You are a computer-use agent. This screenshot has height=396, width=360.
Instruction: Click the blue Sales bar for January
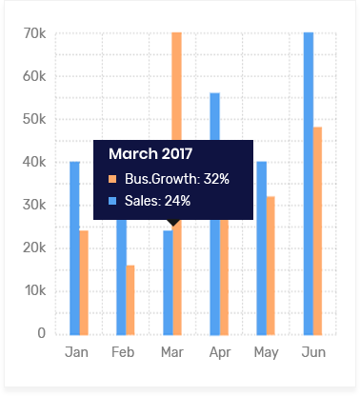[x=74, y=247]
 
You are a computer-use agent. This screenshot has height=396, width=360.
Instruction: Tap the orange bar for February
[x=130, y=299]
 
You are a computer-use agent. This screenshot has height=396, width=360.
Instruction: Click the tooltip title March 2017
[x=150, y=153]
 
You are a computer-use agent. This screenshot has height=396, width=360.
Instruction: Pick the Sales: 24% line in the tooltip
[x=157, y=201]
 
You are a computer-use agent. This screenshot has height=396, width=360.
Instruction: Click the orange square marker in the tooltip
[x=112, y=179]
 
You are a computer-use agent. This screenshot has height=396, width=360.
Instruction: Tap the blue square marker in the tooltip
[x=112, y=202]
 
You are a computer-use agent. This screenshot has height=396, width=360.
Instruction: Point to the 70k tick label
[x=34, y=33]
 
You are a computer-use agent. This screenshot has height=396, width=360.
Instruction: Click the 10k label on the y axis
[x=34, y=290]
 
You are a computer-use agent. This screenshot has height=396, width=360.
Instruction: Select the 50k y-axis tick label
[x=34, y=119]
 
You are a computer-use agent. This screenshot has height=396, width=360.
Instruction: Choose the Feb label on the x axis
[x=123, y=352]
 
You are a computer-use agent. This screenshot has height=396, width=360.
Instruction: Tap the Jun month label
[x=313, y=352]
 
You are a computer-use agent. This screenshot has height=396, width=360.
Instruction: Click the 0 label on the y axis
[x=41, y=333]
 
